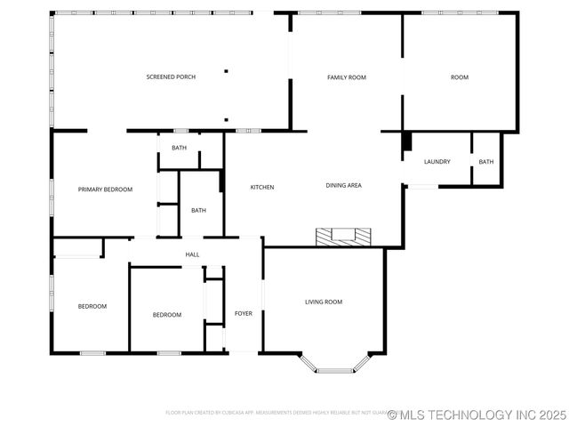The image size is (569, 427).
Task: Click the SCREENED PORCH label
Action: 171,77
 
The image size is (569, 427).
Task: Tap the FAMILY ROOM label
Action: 347,77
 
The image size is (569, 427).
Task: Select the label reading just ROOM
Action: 459,77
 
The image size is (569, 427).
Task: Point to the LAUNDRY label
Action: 437,162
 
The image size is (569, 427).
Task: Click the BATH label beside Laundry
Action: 486,162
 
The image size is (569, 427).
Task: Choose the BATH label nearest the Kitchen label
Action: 198,210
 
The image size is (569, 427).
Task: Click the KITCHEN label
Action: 261,187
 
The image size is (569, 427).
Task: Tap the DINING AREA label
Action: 343,186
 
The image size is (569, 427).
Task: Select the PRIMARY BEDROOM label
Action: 105,189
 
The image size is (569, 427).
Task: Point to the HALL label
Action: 192,255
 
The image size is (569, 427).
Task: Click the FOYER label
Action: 243,314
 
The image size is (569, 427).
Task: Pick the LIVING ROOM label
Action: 324,302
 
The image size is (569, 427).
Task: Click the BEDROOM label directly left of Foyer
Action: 166,315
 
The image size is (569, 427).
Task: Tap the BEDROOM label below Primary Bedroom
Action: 92,307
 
